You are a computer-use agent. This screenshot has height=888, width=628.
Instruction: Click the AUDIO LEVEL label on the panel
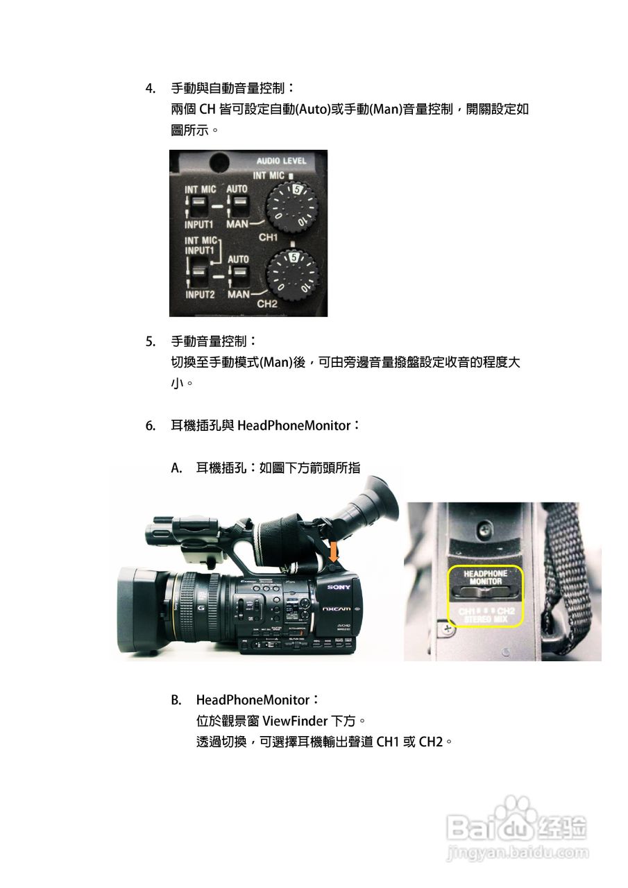(x=281, y=161)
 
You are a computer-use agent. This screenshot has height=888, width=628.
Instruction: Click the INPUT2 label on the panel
(x=200, y=295)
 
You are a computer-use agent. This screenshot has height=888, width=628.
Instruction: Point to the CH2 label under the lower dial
(x=267, y=304)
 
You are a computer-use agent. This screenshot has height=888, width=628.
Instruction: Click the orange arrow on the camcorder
(x=334, y=553)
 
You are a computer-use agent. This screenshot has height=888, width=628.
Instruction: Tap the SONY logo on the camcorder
(x=339, y=588)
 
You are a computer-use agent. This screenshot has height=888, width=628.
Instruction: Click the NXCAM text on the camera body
(x=339, y=608)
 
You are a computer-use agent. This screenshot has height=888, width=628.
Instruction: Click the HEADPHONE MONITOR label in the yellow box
(x=486, y=577)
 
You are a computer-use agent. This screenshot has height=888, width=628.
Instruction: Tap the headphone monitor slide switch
(x=486, y=594)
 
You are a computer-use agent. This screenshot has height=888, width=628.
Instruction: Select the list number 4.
(x=149, y=88)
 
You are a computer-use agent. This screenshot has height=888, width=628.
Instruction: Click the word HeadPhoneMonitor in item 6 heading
(x=294, y=425)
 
